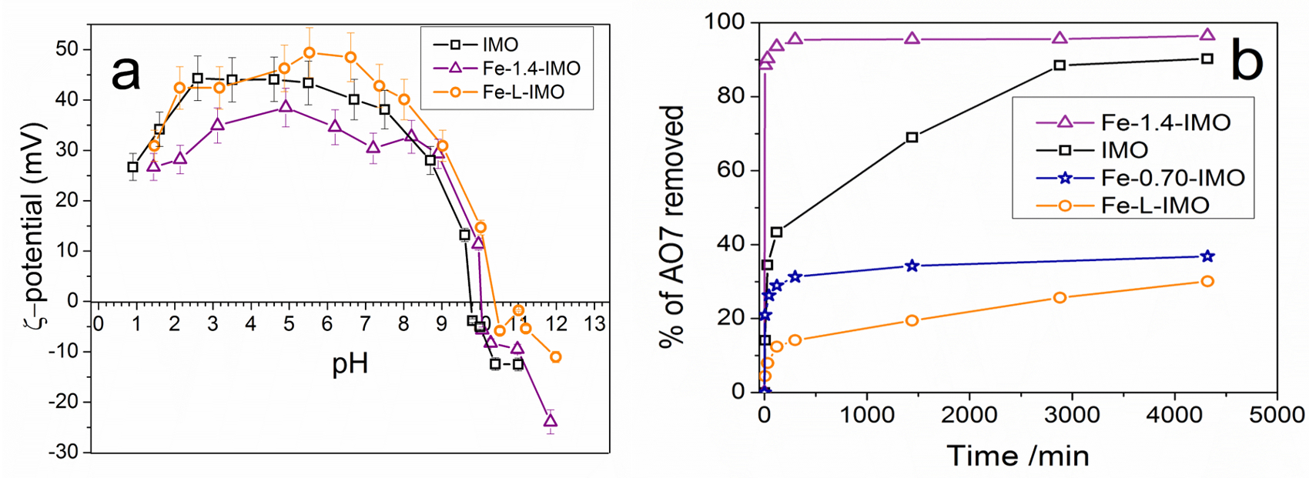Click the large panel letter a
click(126, 73)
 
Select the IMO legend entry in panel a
click(500, 45)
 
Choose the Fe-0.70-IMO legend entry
click(1172, 178)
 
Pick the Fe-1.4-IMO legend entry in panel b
click(1165, 122)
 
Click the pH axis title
click(350, 363)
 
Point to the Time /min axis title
click(1018, 456)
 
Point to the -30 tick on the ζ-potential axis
click(63, 453)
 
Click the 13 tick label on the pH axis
click(594, 324)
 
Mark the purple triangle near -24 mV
click(551, 420)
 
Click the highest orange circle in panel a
click(310, 53)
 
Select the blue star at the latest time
click(1207, 256)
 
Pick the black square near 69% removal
click(912, 138)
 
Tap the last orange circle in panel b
click(1207, 282)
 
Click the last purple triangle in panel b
click(1207, 35)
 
